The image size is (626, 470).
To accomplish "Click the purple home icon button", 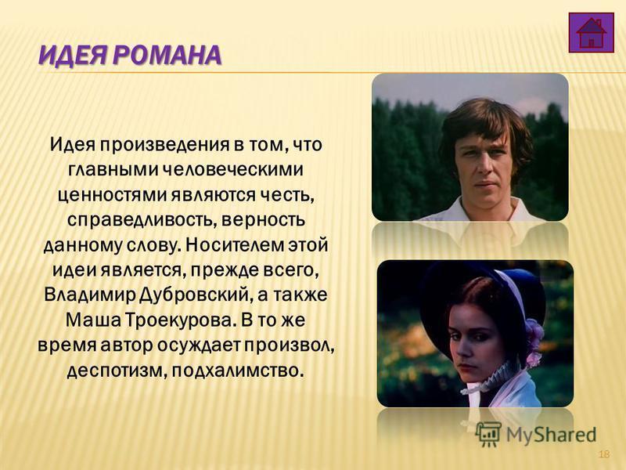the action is coord(592,32).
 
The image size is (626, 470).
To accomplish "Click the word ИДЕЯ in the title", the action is coord(72,55).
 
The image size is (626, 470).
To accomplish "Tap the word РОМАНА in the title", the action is coord(167,55).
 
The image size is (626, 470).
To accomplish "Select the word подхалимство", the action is coord(236,370).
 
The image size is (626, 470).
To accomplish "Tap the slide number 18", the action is coord(604,454).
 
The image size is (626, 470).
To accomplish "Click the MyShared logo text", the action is coord(551,435).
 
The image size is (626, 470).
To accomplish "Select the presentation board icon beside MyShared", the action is coord(488,434).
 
